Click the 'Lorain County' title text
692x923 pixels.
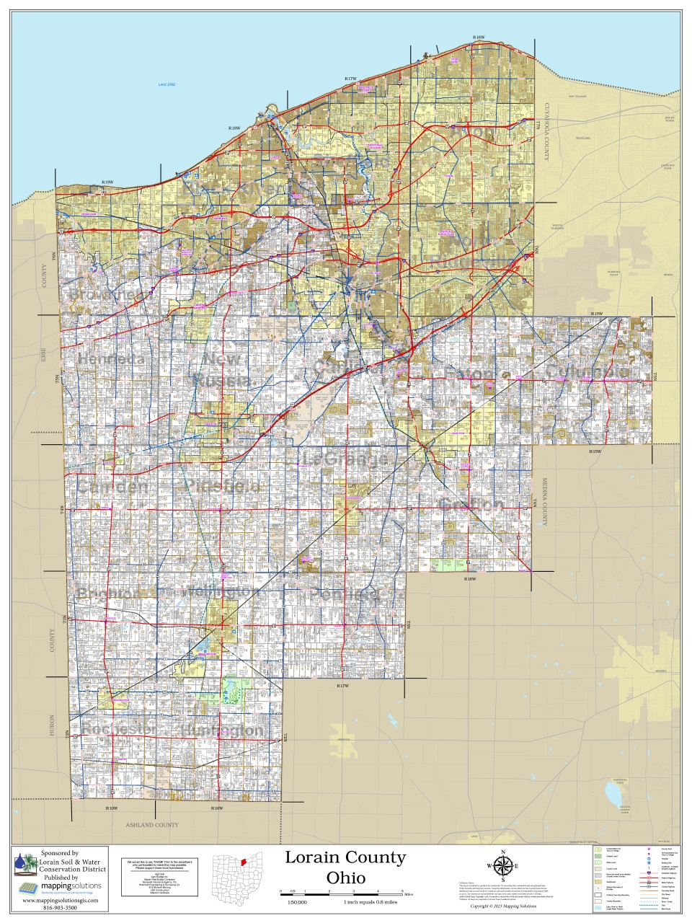(x=345, y=858)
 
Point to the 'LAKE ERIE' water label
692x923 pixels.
(x=167, y=85)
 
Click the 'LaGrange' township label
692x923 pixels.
(x=345, y=459)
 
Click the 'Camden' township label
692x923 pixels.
(x=112, y=487)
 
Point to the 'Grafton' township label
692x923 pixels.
(x=471, y=503)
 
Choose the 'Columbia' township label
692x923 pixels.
(x=587, y=372)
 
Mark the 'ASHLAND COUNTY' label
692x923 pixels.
(x=152, y=825)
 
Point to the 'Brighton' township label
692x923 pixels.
(x=108, y=593)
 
